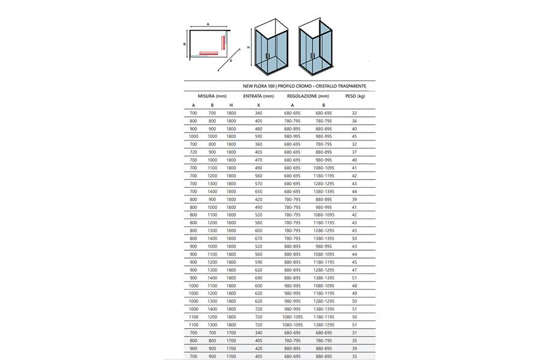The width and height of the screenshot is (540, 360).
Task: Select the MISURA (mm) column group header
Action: coord(212,96)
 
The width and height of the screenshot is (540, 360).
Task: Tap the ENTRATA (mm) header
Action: coord(259,96)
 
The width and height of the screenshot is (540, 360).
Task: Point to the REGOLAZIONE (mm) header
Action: coord(308,96)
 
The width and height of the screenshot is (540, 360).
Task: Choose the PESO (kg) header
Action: coord(355,96)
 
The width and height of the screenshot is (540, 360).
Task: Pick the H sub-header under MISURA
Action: coord(231,106)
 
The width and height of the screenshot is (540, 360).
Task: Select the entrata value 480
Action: coord(259,129)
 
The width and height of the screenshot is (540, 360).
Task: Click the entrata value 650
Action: coord(259,191)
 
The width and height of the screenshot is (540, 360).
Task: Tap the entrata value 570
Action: coord(259,183)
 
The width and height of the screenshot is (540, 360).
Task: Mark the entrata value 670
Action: coord(259,238)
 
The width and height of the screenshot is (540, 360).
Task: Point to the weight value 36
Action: coord(355,121)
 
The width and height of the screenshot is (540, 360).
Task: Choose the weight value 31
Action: coord(355,332)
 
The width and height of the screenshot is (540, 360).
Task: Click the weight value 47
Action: coord(355,269)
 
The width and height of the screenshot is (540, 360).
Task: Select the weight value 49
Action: coord(355,293)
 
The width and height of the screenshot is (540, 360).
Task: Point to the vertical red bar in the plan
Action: coord(224,43)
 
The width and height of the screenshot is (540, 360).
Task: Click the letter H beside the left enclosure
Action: coord(248,47)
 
